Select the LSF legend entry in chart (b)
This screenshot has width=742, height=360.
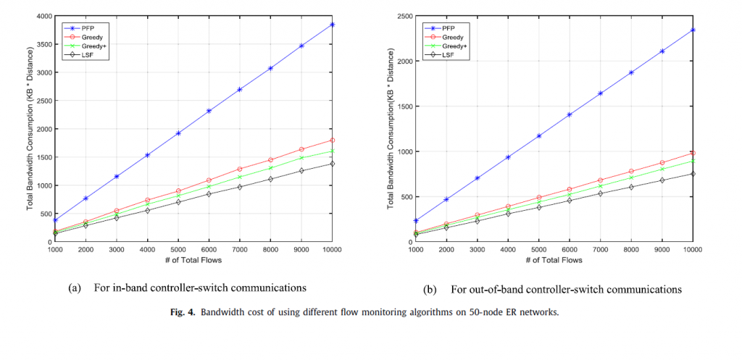(x=449, y=55)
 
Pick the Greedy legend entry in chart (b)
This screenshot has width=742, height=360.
(x=453, y=35)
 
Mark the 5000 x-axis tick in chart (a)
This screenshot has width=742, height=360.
(x=178, y=251)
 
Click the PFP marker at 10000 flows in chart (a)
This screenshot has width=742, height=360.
(x=332, y=25)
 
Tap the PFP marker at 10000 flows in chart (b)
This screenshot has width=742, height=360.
(x=693, y=30)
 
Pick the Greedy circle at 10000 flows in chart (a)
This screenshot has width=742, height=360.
(x=332, y=141)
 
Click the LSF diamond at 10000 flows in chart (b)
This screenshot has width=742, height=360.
(x=693, y=174)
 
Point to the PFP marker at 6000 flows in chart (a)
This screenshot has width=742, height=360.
(x=209, y=111)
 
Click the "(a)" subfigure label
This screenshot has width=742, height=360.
(x=74, y=288)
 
